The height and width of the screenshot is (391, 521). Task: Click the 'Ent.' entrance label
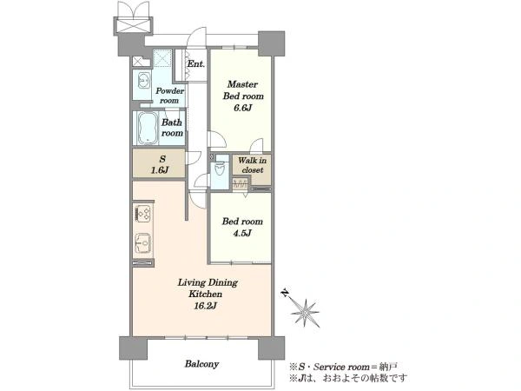coord(195,63)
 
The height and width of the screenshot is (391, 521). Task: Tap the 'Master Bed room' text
coord(243,90)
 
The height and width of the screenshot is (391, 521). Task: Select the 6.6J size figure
coord(242,108)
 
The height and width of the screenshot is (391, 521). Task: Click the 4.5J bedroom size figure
coord(242,233)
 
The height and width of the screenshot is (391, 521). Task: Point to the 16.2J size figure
coord(205,306)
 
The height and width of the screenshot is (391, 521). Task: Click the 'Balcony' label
coord(201,364)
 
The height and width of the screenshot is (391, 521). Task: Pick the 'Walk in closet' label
coord(252,165)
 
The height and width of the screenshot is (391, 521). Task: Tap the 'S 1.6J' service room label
coord(160,164)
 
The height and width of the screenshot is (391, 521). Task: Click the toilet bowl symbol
coord(220,169)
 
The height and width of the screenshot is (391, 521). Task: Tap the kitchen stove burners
coord(144,213)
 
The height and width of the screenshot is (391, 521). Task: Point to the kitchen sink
coord(143,243)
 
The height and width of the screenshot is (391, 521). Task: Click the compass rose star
coord(305,313)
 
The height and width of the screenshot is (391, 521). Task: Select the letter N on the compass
coord(285,293)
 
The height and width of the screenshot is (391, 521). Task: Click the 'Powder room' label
coord(170,96)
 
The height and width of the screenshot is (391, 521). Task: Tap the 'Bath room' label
coord(172,128)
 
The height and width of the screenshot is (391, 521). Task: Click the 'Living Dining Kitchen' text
coord(208,288)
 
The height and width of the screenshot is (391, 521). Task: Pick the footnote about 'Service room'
coord(343,367)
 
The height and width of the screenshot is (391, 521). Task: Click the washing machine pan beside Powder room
coord(162,58)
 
